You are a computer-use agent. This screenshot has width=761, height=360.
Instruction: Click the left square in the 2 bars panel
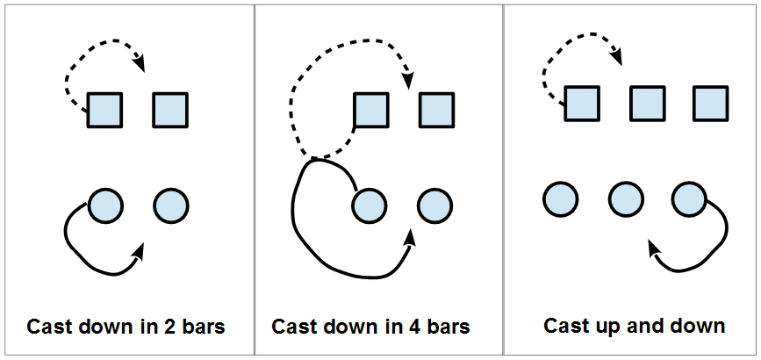click(104, 111)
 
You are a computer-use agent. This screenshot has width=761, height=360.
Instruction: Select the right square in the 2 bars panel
click(170, 111)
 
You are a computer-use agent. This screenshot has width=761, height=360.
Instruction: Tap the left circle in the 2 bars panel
click(105, 205)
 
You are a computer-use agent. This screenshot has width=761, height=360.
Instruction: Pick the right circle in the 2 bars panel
click(171, 205)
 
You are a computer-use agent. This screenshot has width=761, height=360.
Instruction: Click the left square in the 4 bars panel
click(371, 111)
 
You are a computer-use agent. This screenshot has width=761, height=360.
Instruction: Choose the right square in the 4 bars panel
click(437, 111)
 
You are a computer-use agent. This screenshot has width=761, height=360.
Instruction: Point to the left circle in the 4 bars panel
click(370, 205)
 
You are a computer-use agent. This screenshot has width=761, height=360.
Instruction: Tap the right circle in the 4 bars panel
click(434, 205)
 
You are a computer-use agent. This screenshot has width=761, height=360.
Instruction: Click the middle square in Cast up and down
click(648, 104)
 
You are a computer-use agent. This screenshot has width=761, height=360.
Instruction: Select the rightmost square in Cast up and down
click(710, 104)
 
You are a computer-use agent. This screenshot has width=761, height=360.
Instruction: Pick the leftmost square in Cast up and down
click(583, 104)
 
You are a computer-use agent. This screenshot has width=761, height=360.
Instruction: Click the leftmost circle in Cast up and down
click(561, 199)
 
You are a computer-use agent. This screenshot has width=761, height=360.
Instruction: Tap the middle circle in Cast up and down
click(626, 199)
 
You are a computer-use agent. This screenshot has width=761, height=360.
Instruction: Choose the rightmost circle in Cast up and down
click(690, 199)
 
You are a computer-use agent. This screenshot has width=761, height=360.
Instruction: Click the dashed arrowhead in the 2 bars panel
click(140, 63)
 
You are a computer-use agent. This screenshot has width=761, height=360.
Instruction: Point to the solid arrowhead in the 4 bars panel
click(411, 238)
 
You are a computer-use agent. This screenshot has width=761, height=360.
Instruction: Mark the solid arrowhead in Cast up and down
click(655, 248)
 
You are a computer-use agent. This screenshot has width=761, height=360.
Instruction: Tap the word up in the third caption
click(609, 328)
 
